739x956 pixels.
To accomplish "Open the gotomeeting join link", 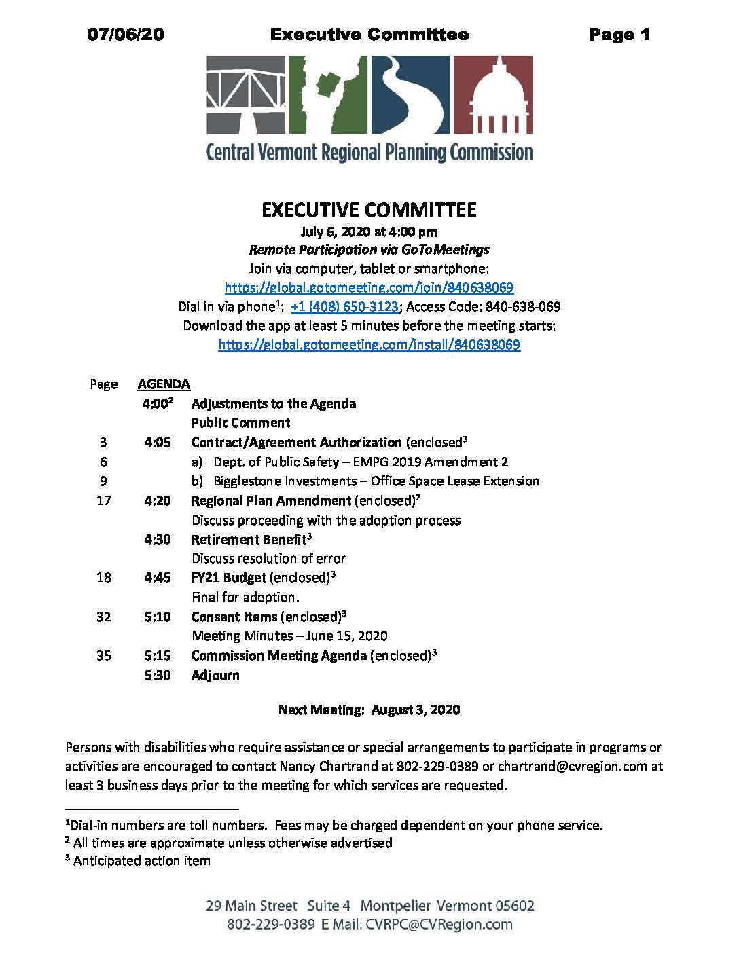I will click(369, 287).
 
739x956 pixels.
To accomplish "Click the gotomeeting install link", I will click(369, 344).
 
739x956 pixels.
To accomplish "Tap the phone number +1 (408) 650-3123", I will click(344, 306).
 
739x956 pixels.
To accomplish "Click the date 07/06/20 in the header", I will click(126, 35).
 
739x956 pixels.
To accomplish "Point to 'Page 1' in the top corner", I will click(619, 35).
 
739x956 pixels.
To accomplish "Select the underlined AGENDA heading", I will click(164, 384).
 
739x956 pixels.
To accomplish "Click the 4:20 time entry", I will click(158, 500).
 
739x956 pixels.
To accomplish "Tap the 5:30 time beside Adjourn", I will click(158, 675).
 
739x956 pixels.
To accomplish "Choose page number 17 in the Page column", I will click(103, 500).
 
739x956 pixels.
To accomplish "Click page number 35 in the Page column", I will click(103, 655).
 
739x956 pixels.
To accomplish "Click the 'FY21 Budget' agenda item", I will click(229, 578).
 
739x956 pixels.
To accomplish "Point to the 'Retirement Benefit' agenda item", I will click(249, 540).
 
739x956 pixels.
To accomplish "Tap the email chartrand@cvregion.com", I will click(573, 766).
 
